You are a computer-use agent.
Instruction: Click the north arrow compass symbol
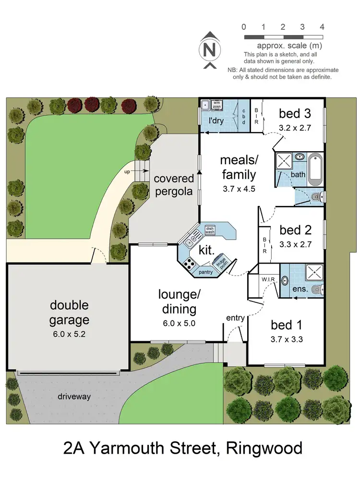click(x=208, y=49)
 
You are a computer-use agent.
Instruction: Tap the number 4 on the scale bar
click(x=322, y=26)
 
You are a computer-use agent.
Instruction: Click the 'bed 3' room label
click(x=295, y=114)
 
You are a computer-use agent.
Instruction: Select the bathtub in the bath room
click(x=315, y=169)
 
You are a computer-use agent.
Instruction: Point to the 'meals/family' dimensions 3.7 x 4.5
click(x=238, y=189)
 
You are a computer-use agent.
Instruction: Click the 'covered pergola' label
click(x=174, y=185)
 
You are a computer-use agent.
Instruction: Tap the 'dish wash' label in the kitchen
click(x=210, y=230)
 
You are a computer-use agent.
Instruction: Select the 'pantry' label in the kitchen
click(x=205, y=272)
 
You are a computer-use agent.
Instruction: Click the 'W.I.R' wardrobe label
click(x=268, y=279)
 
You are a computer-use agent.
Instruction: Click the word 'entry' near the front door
click(x=236, y=318)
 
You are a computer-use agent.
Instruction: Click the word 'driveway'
click(x=74, y=397)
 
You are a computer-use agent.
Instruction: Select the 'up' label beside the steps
click(x=127, y=170)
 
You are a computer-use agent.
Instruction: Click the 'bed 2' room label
click(x=296, y=230)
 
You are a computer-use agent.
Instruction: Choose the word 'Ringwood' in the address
click(x=265, y=448)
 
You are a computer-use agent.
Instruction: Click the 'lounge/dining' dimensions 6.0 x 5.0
click(x=180, y=323)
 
